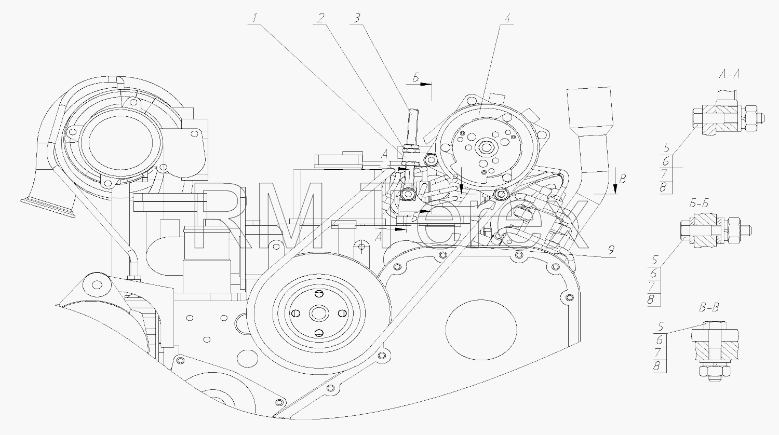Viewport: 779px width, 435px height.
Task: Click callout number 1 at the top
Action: pos(255,18)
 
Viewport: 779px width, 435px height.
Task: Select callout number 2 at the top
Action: pos(320,18)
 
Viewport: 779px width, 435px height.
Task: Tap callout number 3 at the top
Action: pos(357,18)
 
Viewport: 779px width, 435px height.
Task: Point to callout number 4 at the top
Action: pos(507,19)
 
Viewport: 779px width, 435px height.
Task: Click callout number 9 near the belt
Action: pos(611,250)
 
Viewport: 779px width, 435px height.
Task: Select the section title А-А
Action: pos(729,74)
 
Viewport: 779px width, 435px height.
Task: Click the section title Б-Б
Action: pos(699,203)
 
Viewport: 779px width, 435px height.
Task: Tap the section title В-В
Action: pos(708,307)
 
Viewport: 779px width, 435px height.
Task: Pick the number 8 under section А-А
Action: pos(663,188)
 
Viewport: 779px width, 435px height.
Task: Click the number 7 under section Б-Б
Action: pos(653,287)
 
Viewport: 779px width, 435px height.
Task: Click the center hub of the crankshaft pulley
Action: pos(318,314)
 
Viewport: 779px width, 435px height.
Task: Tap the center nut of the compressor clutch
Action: pos(484,147)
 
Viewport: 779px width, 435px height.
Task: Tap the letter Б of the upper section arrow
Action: pos(416,78)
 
